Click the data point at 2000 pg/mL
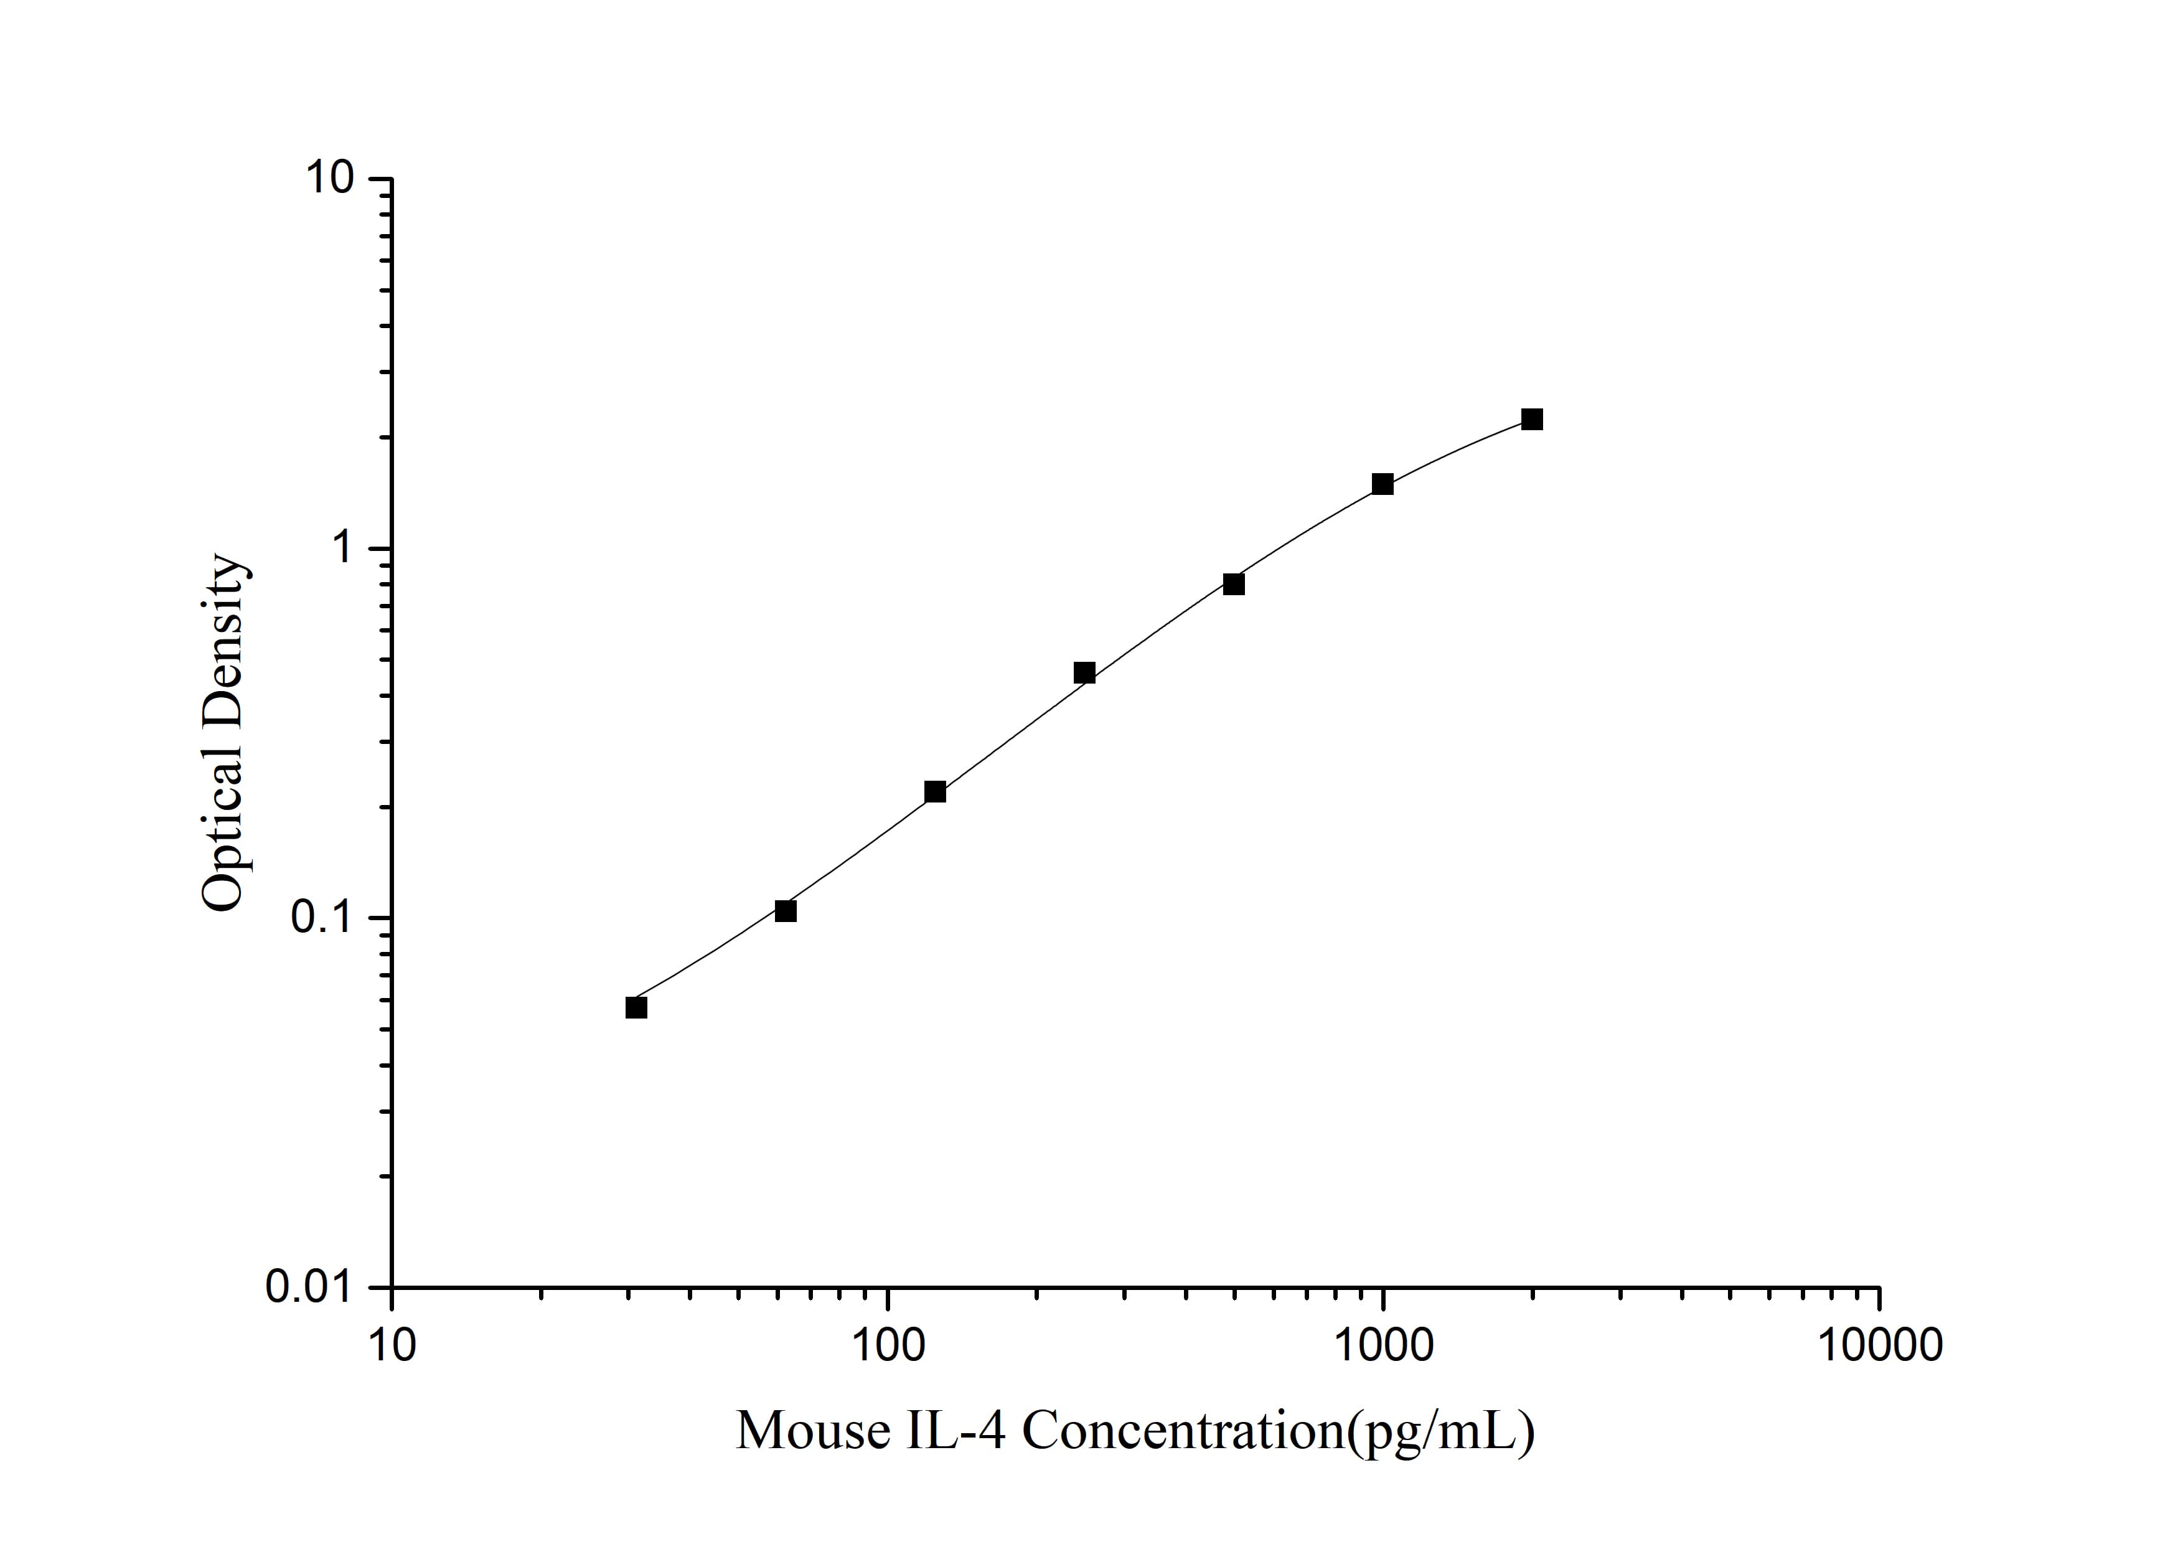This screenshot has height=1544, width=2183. pyautogui.click(x=1532, y=419)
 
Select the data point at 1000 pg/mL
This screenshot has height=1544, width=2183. pyautogui.click(x=1383, y=484)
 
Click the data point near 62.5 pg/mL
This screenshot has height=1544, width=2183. pyautogui.click(x=786, y=911)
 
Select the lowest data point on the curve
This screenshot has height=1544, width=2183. pyautogui.click(x=636, y=1008)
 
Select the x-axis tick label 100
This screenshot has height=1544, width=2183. pyautogui.click(x=887, y=1346)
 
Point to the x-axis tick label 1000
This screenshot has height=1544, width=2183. pyautogui.click(x=1383, y=1346)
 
